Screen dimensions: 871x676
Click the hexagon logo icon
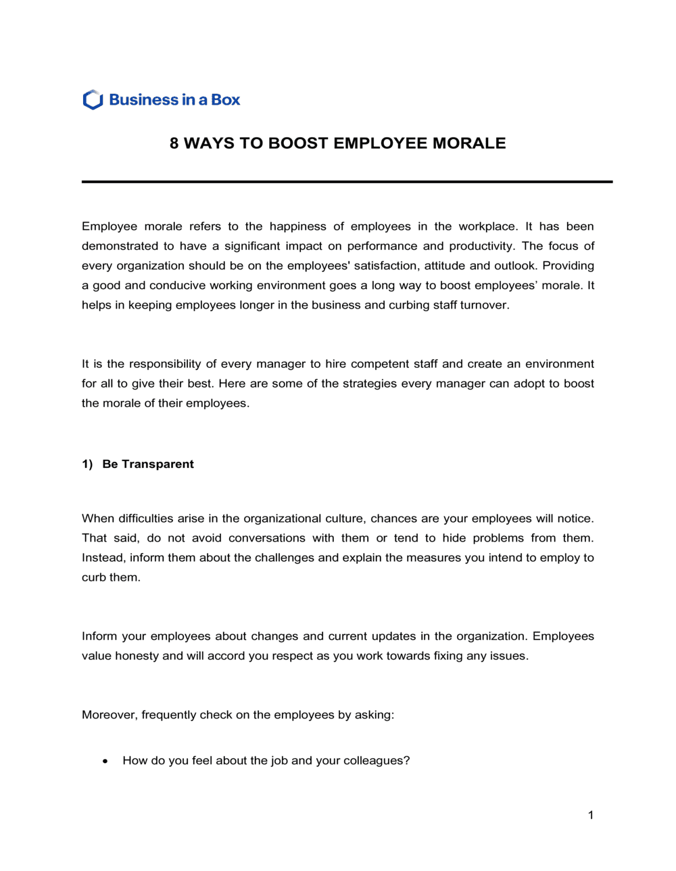click(93, 100)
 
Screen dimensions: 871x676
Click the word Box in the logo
click(225, 100)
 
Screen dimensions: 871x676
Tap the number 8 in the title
click(174, 143)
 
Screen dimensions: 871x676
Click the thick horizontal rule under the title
click(347, 182)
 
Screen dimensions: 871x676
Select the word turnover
click(483, 305)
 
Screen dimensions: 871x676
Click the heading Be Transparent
click(148, 464)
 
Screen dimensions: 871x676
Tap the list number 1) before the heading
click(87, 464)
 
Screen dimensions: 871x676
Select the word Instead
click(103, 557)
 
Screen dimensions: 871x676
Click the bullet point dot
click(105, 761)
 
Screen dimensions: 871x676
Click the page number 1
click(591, 815)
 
